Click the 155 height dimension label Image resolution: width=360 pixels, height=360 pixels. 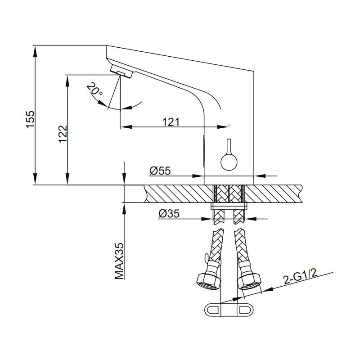[30, 119]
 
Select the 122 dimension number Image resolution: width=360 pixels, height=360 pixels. [63, 134]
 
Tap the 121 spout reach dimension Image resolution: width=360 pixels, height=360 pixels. [171, 122]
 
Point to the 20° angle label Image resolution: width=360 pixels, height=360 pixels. [94, 90]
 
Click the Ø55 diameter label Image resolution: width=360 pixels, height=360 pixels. [160, 171]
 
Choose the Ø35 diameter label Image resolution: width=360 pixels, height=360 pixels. [169, 214]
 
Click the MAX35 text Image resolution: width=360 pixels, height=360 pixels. [119, 261]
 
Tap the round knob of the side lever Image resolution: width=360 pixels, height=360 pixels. [229, 162]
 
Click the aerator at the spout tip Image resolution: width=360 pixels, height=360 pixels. [121, 72]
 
